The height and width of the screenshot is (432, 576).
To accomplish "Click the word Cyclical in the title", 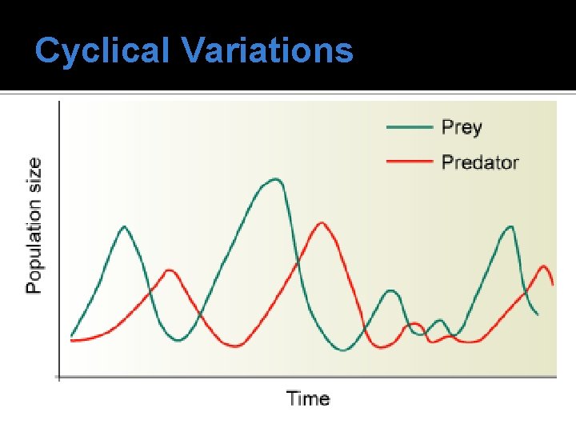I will [x=103, y=50].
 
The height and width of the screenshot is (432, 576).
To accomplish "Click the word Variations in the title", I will [x=266, y=50].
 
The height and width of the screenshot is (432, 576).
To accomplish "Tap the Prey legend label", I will [x=462, y=127].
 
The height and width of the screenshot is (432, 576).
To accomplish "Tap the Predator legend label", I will [x=480, y=162].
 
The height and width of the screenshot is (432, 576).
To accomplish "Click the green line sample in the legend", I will [x=410, y=127].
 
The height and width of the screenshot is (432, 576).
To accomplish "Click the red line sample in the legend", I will [x=410, y=162].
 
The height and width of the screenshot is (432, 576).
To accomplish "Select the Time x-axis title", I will [x=308, y=398].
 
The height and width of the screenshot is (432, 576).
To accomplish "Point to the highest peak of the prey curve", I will [x=274, y=179].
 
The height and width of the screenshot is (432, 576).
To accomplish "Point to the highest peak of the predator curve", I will [x=322, y=222].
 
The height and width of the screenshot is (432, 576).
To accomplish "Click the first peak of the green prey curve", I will [x=124, y=226].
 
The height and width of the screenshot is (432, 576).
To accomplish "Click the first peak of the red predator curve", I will [x=170, y=270].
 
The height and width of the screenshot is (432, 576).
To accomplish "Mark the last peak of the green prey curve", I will [x=510, y=226].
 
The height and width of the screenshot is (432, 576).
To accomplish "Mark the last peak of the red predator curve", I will [x=545, y=266].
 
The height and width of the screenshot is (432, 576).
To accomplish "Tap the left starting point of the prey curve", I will [x=71, y=336].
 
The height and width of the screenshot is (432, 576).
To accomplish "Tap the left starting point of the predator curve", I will [x=71, y=341].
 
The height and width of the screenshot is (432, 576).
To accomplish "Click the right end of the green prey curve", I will [x=538, y=314].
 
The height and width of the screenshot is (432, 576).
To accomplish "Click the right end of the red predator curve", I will [x=553, y=284].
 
